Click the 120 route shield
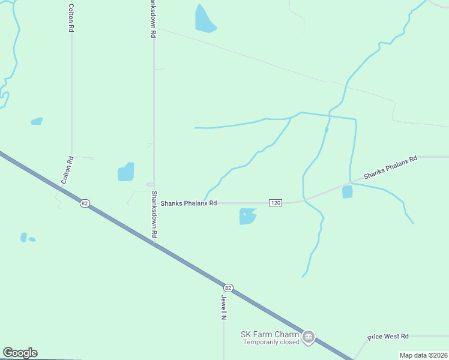276,203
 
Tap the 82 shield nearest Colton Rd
85,203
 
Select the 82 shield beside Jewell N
228,288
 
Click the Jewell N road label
223,307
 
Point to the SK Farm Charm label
269,334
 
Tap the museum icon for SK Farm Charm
309,337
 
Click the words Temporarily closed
271,343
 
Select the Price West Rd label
388,336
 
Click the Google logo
20,353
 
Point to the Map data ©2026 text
423,355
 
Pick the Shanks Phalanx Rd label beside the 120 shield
188,203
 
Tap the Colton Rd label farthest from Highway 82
71,18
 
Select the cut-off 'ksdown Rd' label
154,19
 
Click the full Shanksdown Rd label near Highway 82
154,215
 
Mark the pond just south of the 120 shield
247,216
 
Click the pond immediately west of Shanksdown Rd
126,172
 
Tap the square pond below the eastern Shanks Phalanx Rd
347,192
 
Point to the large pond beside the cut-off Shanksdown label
204,19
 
